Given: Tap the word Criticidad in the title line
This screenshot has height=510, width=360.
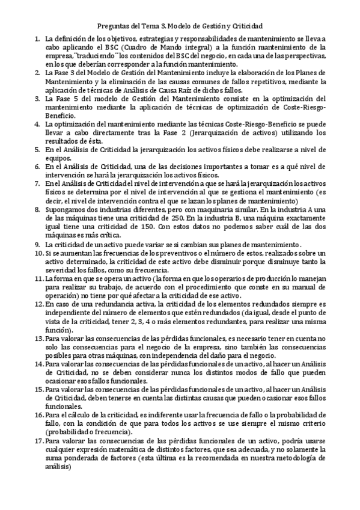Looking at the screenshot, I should click(246, 26).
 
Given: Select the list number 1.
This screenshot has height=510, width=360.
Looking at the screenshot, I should click(37, 38).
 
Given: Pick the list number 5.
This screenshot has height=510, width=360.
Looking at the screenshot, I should click(37, 149).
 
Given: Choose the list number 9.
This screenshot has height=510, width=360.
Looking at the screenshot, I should click(37, 245).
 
